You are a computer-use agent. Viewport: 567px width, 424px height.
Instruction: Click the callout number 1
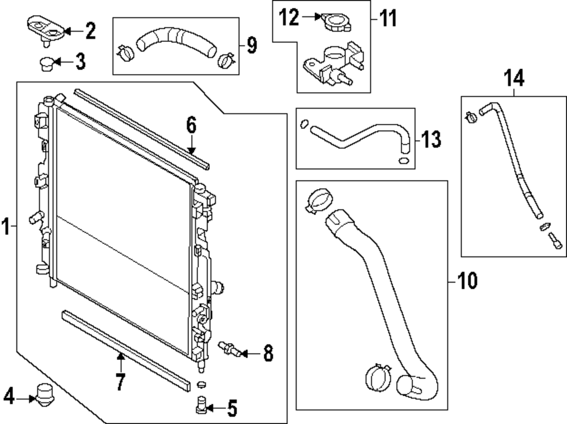pos(5,226)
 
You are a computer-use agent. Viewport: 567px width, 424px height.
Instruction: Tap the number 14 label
pos(514,78)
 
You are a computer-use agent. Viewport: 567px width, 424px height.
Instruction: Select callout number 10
pos(467,281)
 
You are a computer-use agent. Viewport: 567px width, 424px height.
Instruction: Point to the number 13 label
pos(431,139)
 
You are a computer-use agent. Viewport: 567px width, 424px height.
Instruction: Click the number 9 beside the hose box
pos(252,45)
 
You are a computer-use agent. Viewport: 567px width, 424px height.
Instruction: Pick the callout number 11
pos(388,18)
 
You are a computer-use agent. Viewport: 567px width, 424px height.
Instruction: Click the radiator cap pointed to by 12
pos(337,23)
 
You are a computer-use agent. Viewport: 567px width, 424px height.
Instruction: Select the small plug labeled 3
pos(46,64)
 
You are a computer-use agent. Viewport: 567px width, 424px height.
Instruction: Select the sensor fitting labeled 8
pos(229,349)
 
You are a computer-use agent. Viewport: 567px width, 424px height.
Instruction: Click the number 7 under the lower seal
pos(121,382)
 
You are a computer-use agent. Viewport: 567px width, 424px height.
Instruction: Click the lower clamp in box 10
pos(378,376)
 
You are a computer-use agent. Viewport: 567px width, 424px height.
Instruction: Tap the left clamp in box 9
pos(125,53)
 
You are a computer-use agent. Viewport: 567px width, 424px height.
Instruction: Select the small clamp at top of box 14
pos(471,117)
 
